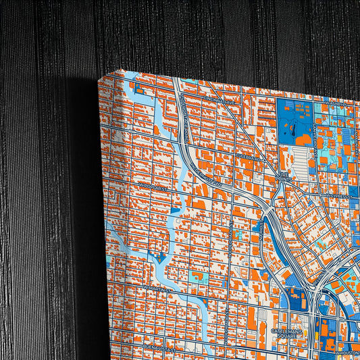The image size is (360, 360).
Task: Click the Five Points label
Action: pos(286,180)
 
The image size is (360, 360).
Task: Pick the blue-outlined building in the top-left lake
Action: pos(139,89)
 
